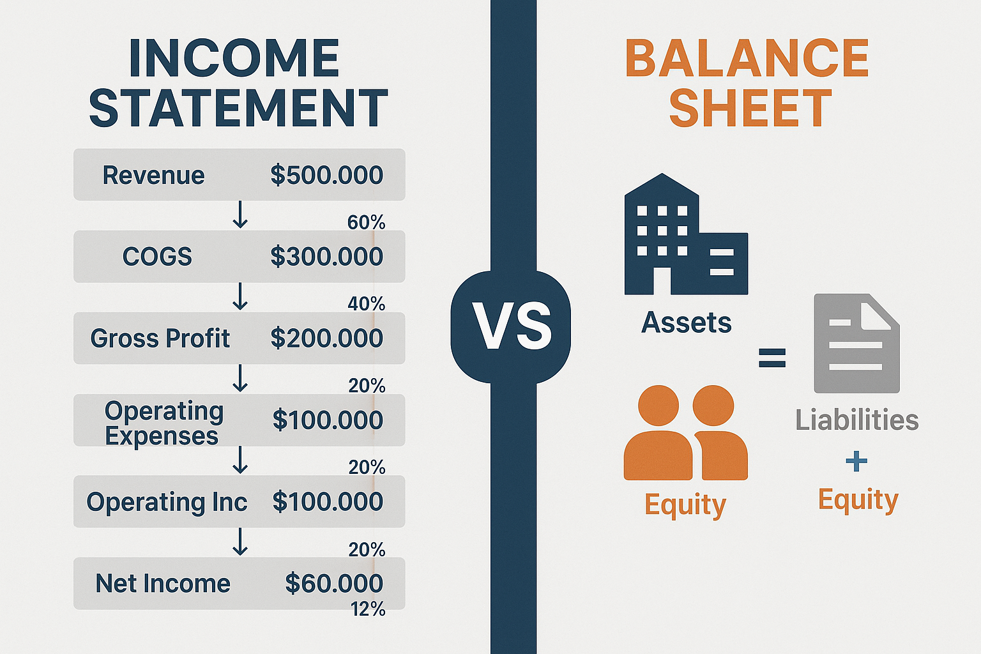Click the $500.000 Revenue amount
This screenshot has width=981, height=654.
[x=326, y=175]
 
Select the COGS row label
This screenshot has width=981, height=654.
[x=157, y=257]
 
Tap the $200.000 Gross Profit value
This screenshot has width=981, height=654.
[x=326, y=338]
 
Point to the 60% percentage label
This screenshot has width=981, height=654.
[x=366, y=222]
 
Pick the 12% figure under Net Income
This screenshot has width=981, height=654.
[x=368, y=609]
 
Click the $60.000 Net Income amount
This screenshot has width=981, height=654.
[x=334, y=583]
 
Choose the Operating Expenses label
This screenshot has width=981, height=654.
[x=163, y=423]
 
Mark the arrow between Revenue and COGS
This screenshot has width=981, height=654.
[x=240, y=215]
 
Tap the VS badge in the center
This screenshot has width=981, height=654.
[x=511, y=326]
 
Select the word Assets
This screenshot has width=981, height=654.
[x=686, y=323]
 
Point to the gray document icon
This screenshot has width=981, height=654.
[x=856, y=343]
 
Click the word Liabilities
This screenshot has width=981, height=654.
[x=856, y=420]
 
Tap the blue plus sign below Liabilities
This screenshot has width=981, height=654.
[x=856, y=461]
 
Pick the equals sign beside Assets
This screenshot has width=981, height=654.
[x=772, y=358]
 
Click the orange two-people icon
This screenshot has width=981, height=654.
[x=685, y=432]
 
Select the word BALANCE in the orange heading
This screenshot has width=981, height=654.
[x=747, y=59]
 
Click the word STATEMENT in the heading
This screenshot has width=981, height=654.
[x=238, y=107]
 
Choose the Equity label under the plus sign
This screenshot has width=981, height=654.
[x=858, y=499]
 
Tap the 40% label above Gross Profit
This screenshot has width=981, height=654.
[x=366, y=304]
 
